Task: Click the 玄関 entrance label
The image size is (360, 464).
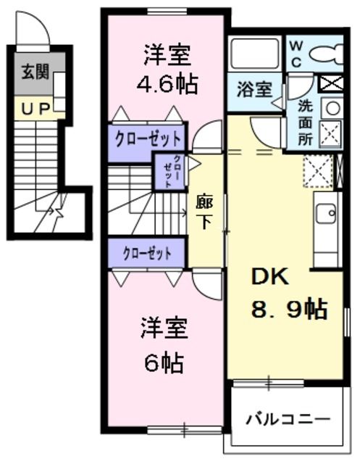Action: (32, 72)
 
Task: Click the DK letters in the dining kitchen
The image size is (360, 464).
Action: (269, 277)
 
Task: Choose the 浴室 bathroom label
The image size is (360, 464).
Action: (254, 90)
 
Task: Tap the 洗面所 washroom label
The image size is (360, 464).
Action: (306, 121)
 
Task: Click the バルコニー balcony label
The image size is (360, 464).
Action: (287, 419)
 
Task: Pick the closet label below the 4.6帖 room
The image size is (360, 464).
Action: (148, 137)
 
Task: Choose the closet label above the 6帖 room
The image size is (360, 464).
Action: (147, 253)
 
